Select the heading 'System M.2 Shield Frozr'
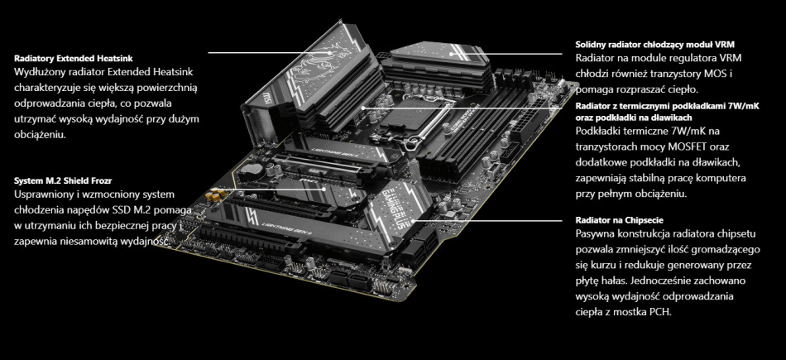[x=63, y=180]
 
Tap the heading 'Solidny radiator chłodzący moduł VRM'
[x=654, y=44]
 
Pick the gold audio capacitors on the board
[x=216, y=197]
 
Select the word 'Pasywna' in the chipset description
[x=597, y=235]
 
